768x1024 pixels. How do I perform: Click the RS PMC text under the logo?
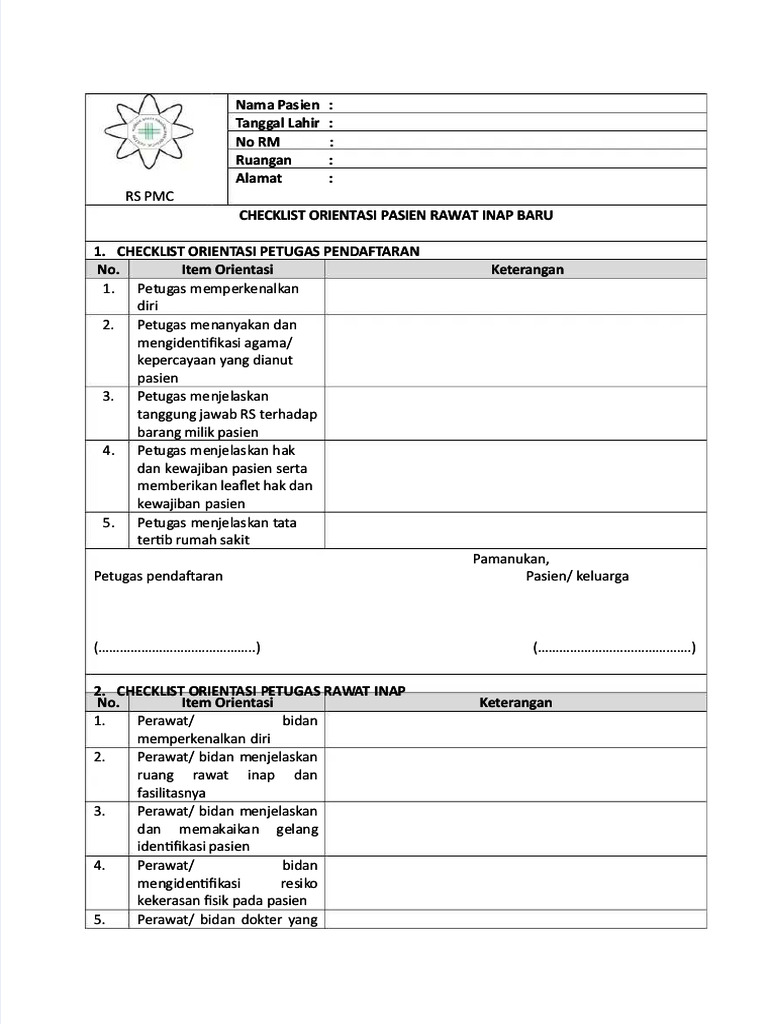[x=149, y=196]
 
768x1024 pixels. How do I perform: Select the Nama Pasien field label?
[x=277, y=105]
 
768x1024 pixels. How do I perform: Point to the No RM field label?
[x=257, y=142]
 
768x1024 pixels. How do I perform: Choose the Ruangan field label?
[x=263, y=160]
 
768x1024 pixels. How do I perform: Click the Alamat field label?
[x=258, y=178]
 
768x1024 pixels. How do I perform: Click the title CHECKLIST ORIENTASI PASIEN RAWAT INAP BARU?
[x=396, y=215]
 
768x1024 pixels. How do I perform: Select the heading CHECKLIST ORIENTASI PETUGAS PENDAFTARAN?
[x=267, y=251]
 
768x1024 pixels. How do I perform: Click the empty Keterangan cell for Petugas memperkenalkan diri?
[x=514, y=296]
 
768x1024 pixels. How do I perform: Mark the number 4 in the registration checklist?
[x=108, y=450]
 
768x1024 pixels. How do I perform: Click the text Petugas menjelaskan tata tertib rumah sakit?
[x=216, y=531]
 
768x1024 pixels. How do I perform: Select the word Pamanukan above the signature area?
[x=510, y=559]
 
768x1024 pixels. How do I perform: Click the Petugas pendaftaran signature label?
[x=158, y=576]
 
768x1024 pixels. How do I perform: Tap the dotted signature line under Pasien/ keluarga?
[x=614, y=647]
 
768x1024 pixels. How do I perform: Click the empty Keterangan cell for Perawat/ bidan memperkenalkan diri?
[x=514, y=729]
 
